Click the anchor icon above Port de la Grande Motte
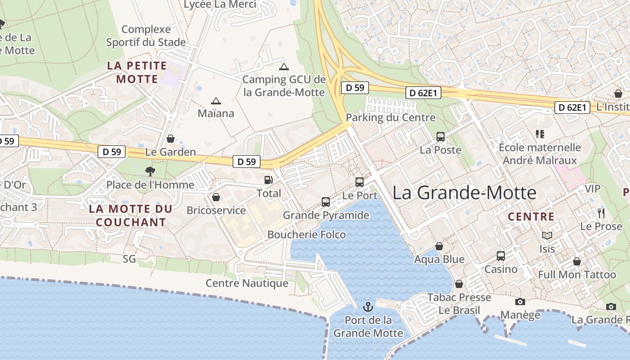[368, 307]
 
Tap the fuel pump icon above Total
[268, 180]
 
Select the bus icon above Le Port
[359, 182]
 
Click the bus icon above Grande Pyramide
[325, 202]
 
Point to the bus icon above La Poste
[440, 137]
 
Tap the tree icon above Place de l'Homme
[150, 171]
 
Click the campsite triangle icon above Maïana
[216, 101]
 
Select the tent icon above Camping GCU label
[283, 67]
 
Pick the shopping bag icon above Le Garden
[170, 139]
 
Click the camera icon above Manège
[520, 301]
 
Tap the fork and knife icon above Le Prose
[601, 213]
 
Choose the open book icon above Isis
[547, 235]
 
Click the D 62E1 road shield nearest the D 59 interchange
[423, 93]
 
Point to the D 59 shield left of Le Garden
[112, 152]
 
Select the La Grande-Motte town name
[464, 193]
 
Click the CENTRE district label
[531, 217]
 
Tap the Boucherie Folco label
[306, 234]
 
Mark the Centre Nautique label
[247, 283]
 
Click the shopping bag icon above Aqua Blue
[439, 246]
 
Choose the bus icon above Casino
[500, 256]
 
